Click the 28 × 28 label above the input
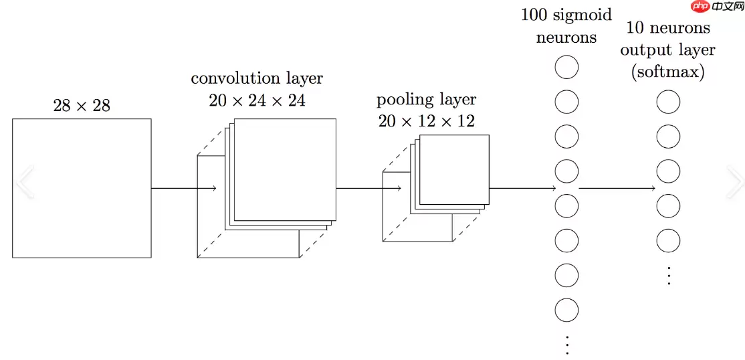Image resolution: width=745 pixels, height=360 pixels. pos(82,105)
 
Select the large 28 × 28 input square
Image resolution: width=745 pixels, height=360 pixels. pos(82,188)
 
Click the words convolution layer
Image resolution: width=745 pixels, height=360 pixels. pos(257,78)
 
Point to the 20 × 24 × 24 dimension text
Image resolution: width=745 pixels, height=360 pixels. pos(257,100)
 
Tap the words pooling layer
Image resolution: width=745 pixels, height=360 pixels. pos(426,100)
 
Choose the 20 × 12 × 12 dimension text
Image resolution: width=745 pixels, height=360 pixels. pos(426,121)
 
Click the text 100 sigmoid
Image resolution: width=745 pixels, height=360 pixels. pos(566,15)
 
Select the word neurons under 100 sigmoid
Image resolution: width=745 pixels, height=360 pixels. pos(566,37)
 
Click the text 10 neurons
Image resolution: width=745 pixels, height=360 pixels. pos(667,28)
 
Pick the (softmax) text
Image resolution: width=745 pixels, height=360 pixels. pos(667,72)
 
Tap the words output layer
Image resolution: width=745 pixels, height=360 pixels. pos(667,50)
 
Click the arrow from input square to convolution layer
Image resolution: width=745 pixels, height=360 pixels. pos(184,189)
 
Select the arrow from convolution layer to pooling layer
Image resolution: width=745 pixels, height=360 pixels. pos(368,189)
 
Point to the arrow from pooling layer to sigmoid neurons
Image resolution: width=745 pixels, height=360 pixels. pos(522,189)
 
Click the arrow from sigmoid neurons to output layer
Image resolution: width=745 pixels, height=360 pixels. pos(617,189)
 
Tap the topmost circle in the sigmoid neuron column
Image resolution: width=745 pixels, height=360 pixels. pos(566,68)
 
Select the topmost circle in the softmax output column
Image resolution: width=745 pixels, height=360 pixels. pos(668,102)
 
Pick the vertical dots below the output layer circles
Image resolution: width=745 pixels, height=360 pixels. pos(668,274)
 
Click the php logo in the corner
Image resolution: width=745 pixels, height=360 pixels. pos(700,7)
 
